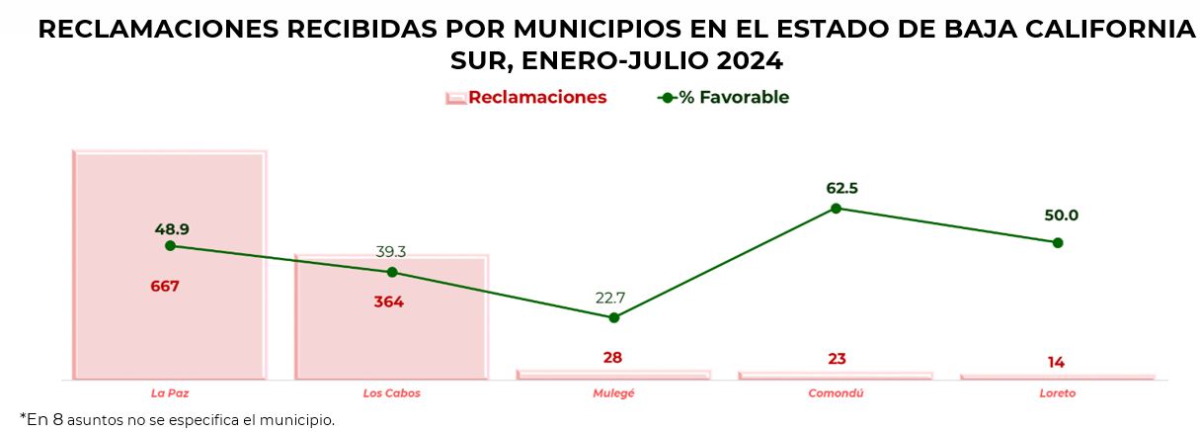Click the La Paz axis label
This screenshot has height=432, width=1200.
(x=170, y=393)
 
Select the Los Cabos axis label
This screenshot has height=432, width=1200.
(x=391, y=393)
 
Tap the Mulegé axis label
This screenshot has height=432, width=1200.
(x=613, y=393)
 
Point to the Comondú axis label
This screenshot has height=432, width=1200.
(x=836, y=393)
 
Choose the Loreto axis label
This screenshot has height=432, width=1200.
(x=1057, y=393)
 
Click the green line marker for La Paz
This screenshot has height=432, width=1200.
(x=170, y=245)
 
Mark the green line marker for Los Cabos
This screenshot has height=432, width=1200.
(x=392, y=272)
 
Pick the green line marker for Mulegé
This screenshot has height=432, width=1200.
(x=614, y=317)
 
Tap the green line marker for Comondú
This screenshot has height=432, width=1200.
(x=836, y=208)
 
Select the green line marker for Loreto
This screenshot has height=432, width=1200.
(x=1058, y=242)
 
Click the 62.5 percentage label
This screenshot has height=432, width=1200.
(x=836, y=188)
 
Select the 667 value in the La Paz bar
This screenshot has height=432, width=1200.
(x=165, y=287)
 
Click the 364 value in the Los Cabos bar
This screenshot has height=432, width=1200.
(x=388, y=302)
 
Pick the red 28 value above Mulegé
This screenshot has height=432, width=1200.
(x=612, y=358)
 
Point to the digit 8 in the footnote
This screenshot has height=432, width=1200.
(x=57, y=419)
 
